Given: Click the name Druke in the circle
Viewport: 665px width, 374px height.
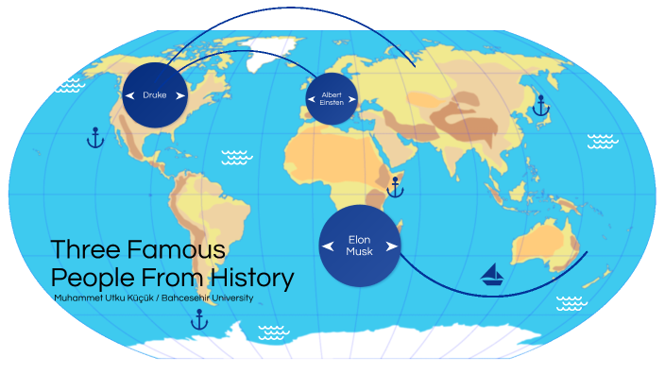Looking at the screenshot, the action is (x=153, y=95).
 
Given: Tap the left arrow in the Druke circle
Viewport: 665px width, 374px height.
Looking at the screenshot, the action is (x=129, y=95).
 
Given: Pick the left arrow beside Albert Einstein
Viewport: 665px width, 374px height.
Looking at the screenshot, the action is (x=311, y=97).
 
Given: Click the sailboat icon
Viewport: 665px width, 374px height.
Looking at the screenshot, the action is (x=492, y=275).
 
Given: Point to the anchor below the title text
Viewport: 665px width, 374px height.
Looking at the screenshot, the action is (x=199, y=320).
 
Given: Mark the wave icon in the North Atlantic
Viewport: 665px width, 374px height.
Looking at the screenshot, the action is (x=236, y=157).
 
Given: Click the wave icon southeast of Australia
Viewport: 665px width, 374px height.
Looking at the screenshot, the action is (x=570, y=302).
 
